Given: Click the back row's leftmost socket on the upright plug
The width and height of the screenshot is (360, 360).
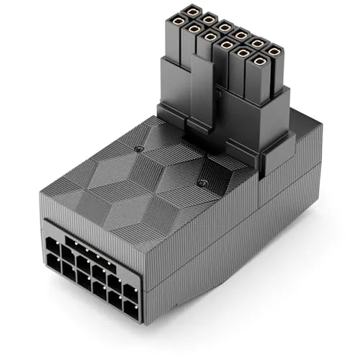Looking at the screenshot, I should (x=192, y=12).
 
